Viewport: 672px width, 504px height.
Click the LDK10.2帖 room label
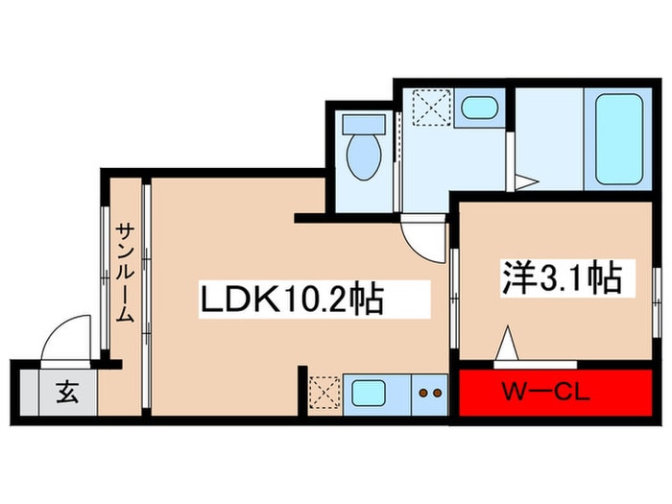click(292, 300)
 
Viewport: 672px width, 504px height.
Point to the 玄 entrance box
click(67, 393)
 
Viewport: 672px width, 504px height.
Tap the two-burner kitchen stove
click(428, 393)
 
